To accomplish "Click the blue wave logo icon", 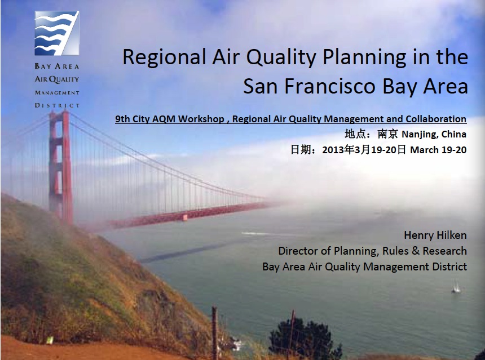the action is (x=57, y=33).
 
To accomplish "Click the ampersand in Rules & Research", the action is (x=415, y=251).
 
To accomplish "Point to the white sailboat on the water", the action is (x=456, y=287).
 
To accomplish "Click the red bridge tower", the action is (x=61, y=167).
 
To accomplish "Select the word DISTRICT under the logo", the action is (x=57, y=105).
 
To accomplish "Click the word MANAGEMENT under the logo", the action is (x=57, y=93).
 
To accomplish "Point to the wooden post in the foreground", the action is (x=214, y=332).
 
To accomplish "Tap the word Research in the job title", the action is (x=445, y=251).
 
